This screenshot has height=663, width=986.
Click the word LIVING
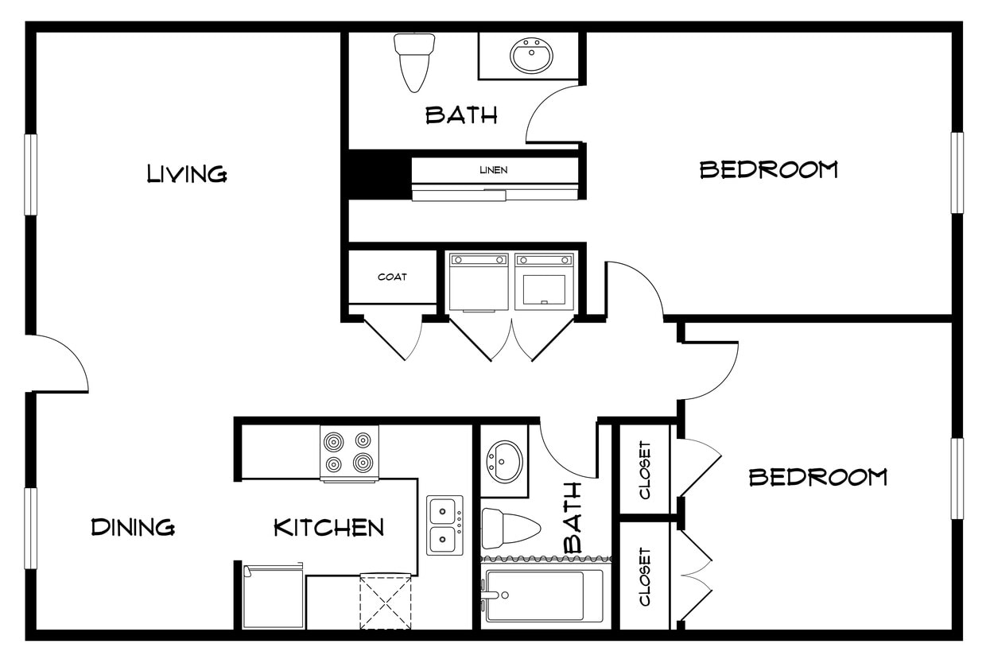pyautogui.click(x=187, y=173)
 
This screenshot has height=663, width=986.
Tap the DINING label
pyautogui.click(x=133, y=527)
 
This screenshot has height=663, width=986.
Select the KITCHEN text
pyautogui.click(x=328, y=527)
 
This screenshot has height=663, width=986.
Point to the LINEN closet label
pyautogui.click(x=493, y=169)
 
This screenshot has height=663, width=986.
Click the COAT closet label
pyautogui.click(x=392, y=277)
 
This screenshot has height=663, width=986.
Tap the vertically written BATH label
pyautogui.click(x=573, y=518)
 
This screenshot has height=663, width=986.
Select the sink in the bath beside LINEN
pyautogui.click(x=531, y=56)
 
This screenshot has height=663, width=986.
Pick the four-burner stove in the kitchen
pyautogui.click(x=349, y=452)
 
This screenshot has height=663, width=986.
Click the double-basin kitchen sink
pyautogui.click(x=444, y=525)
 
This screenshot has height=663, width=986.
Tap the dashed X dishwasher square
pyautogui.click(x=386, y=602)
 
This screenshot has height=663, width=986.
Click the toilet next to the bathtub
pyautogui.click(x=509, y=527)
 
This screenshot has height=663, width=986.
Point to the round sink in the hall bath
pyautogui.click(x=504, y=462)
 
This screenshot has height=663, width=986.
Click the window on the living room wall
pyautogui.click(x=31, y=174)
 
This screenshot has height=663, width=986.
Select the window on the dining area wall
pyautogui.click(x=31, y=528)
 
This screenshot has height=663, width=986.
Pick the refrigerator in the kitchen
pyautogui.click(x=273, y=596)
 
